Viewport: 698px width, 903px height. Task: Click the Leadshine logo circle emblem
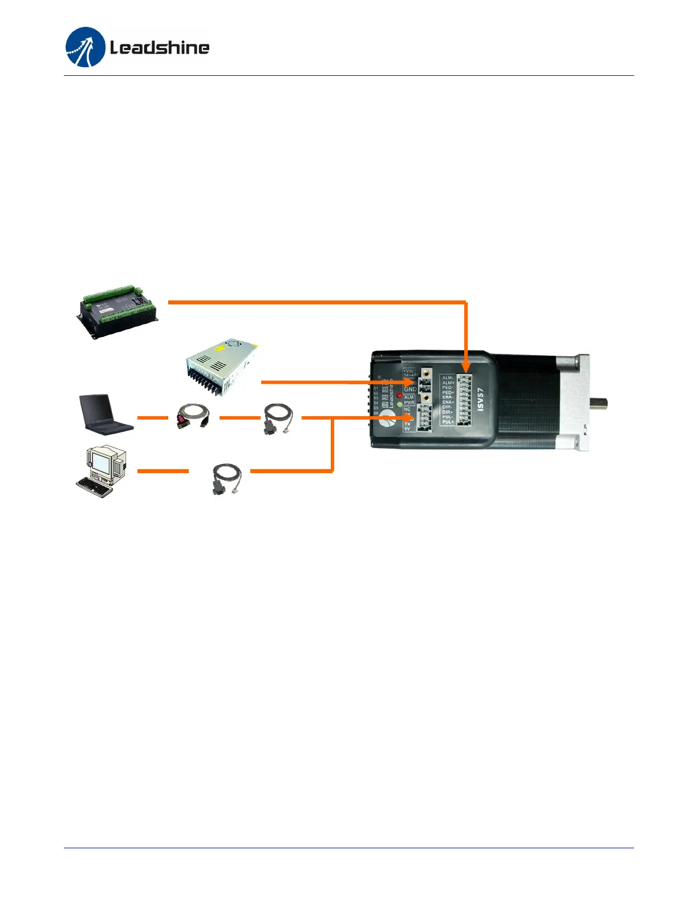pyautogui.click(x=86, y=47)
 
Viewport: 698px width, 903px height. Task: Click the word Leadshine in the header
pyautogui.click(x=160, y=47)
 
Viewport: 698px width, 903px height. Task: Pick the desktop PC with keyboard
pyautogui.click(x=102, y=472)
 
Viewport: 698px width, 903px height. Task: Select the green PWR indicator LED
pyautogui.click(x=400, y=404)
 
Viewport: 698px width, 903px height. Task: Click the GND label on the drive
pyautogui.click(x=410, y=389)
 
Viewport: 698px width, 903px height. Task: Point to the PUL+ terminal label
pyautogui.click(x=448, y=422)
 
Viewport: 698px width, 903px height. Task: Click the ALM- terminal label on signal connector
pyautogui.click(x=448, y=377)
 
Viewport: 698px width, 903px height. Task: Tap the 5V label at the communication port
pyautogui.click(x=407, y=429)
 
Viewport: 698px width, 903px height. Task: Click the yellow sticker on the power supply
pyautogui.click(x=220, y=347)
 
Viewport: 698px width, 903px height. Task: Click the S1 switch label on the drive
pyautogui.click(x=376, y=388)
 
